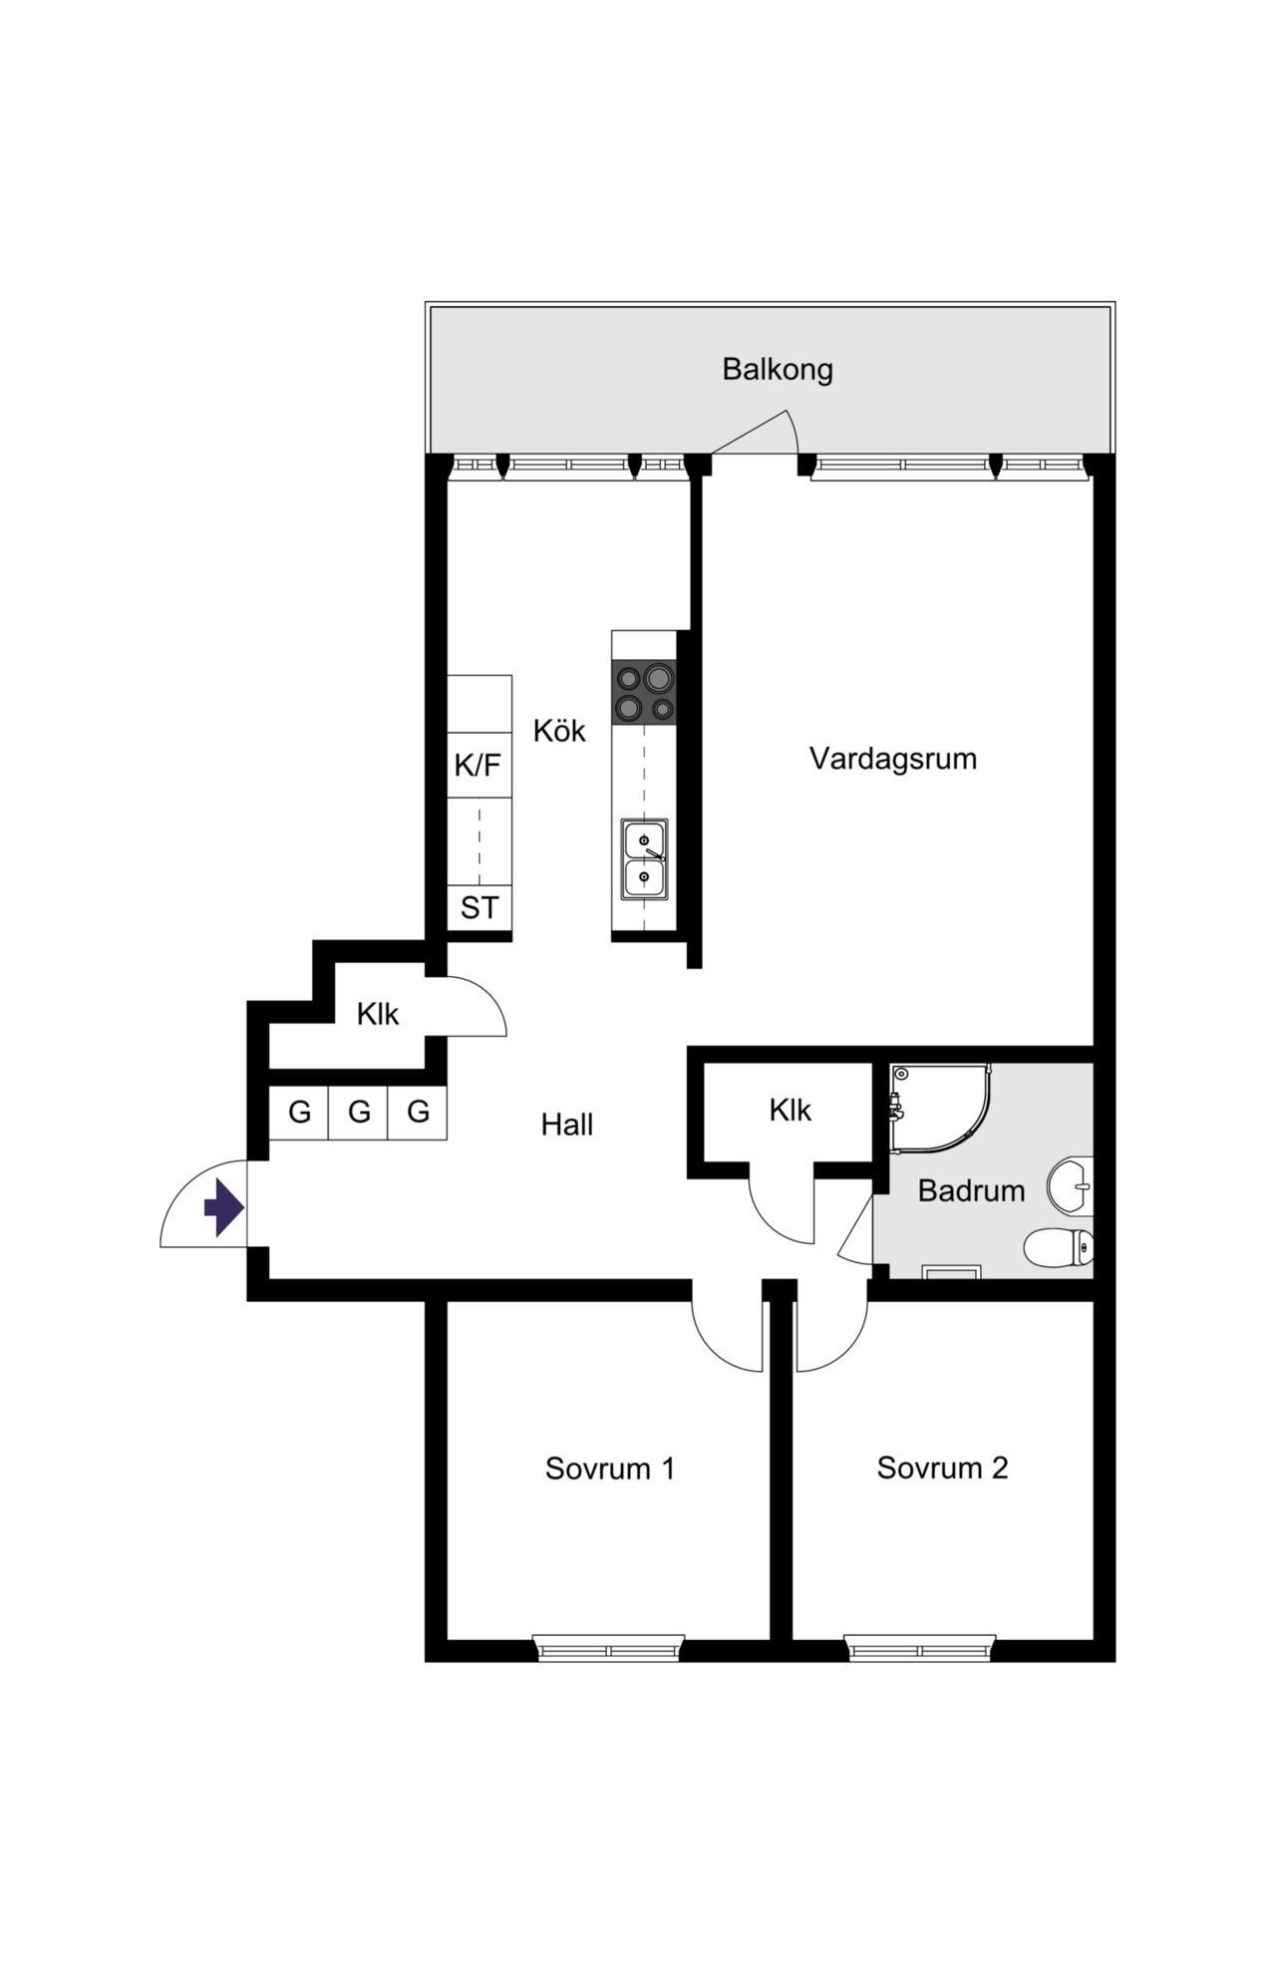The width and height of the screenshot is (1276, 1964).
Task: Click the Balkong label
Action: (x=778, y=370)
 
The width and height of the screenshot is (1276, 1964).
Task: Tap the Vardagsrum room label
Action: (x=892, y=759)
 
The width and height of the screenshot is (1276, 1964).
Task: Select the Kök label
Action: (x=559, y=731)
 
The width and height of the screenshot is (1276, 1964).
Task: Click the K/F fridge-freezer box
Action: (x=479, y=766)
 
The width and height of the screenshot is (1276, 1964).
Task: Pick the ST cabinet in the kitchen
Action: (x=479, y=908)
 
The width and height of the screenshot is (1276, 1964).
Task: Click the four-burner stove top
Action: (x=644, y=692)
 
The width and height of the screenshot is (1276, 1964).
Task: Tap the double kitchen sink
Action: (x=644, y=859)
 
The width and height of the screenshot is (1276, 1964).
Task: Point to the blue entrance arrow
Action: (x=224, y=1208)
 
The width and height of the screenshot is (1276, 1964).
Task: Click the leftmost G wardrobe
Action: (x=299, y=1112)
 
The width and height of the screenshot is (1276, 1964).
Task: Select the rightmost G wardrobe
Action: (x=418, y=1112)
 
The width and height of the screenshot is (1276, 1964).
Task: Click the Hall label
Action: (x=567, y=1125)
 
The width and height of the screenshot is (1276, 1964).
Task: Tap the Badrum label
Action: (x=971, y=1190)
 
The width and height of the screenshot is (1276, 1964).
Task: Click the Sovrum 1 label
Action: (x=610, y=1469)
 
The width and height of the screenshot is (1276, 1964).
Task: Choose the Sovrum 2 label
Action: (x=942, y=1468)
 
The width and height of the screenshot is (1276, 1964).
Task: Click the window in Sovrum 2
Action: (x=920, y=1647)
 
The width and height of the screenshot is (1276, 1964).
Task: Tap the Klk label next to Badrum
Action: (x=790, y=1110)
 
